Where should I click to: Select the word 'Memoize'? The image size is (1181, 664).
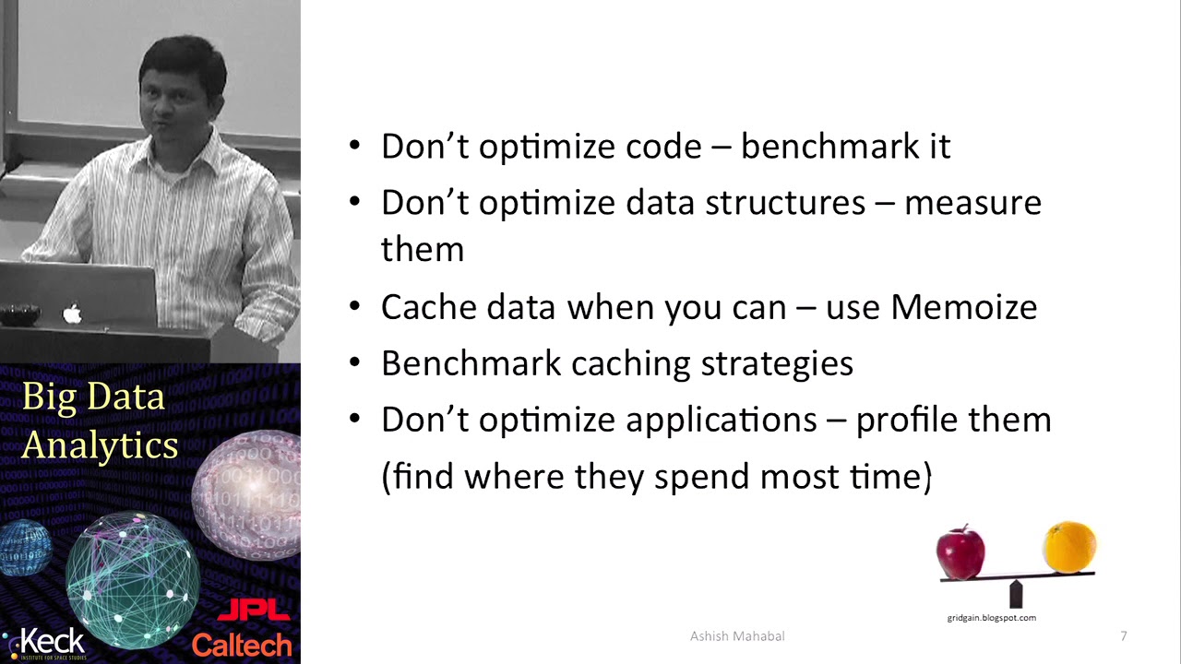click(x=963, y=307)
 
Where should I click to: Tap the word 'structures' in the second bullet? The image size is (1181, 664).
click(x=784, y=203)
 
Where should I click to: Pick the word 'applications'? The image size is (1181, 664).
click(x=721, y=421)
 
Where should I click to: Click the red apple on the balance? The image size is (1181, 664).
click(x=960, y=551)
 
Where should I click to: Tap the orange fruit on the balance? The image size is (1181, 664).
click(x=1069, y=547)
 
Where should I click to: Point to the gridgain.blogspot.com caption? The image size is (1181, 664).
click(x=991, y=618)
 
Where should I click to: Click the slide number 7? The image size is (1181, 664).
click(x=1123, y=636)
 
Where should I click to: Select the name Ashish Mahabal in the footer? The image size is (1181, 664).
click(x=737, y=636)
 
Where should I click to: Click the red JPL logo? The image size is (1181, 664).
click(x=253, y=611)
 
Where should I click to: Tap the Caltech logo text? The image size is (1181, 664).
click(x=242, y=645)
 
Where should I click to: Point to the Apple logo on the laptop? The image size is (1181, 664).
click(x=72, y=314)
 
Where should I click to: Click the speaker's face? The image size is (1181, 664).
click(x=180, y=101)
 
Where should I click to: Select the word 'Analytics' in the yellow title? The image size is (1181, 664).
click(x=100, y=445)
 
